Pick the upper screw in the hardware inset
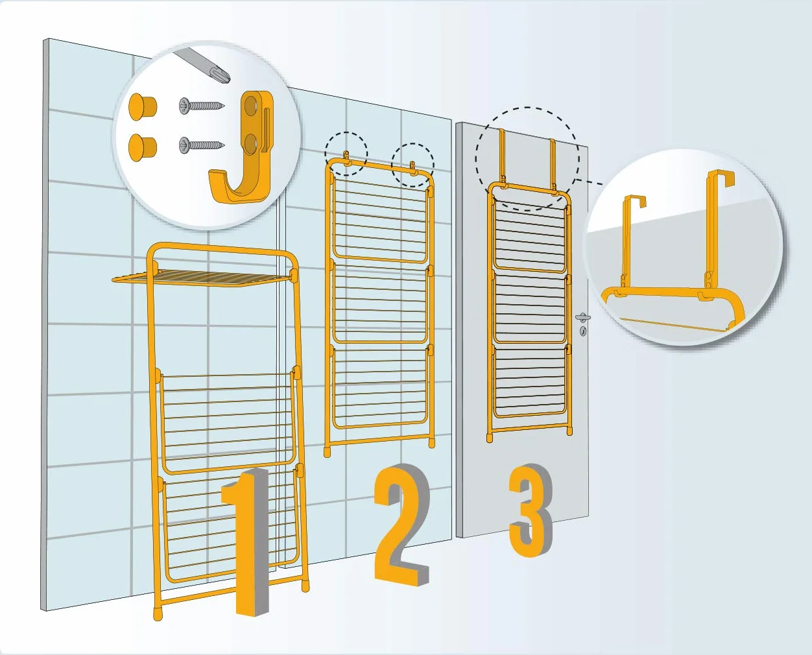(202, 105)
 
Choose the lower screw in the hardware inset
(202, 145)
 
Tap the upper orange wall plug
(143, 107)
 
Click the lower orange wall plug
(143, 147)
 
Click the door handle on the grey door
(583, 317)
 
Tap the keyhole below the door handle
(583, 331)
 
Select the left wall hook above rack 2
(347, 158)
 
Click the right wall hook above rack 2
(414, 169)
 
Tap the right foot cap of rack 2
(432, 443)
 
